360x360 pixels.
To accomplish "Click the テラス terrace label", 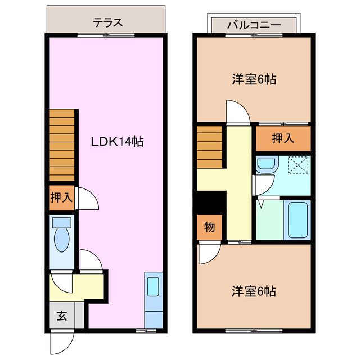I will click(107, 23).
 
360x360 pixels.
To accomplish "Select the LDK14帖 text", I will click(118, 141).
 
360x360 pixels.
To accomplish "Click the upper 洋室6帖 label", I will click(254, 79).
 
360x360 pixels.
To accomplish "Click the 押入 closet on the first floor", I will click(61, 197).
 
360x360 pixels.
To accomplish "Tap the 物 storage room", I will click(209, 228).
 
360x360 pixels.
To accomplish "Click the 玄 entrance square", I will click(61, 316).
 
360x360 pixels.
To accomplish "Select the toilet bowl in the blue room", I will click(61, 240).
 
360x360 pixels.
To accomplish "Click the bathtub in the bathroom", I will click(298, 219).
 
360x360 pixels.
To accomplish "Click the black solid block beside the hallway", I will click(210, 201).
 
